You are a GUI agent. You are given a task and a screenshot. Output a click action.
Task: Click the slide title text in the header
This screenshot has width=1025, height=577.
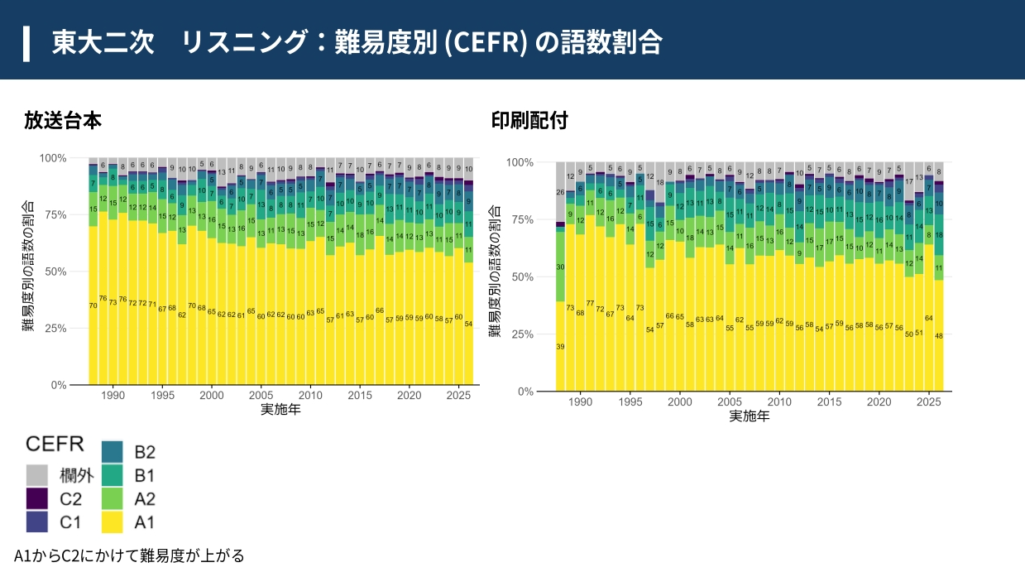(x=356, y=41)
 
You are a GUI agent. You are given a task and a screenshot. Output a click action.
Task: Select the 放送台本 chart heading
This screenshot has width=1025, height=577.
(x=63, y=120)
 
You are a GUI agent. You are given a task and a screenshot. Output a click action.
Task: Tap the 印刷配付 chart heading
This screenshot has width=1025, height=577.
(x=529, y=120)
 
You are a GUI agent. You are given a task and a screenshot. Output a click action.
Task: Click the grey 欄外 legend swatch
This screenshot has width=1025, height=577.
(x=36, y=475)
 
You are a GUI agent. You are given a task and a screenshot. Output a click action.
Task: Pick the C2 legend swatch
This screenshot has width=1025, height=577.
(x=36, y=498)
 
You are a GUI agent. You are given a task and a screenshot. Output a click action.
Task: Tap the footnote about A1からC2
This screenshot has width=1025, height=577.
(x=129, y=555)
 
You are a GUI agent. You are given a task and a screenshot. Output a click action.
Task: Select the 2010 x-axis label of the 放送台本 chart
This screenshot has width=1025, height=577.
(x=310, y=396)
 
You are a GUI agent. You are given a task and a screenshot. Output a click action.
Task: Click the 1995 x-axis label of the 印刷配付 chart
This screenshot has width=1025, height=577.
(x=630, y=401)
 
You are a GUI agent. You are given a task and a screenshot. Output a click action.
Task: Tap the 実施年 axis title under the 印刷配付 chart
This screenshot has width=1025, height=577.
(x=750, y=416)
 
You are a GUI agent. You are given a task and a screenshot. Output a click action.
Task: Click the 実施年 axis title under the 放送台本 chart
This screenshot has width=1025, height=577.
(x=280, y=410)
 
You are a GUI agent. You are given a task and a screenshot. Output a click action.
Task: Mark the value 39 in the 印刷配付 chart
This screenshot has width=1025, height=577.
(x=560, y=346)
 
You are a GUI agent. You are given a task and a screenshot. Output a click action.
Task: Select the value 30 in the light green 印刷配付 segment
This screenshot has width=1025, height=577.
(x=560, y=267)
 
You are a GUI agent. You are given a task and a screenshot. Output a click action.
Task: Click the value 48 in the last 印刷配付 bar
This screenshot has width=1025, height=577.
(x=939, y=335)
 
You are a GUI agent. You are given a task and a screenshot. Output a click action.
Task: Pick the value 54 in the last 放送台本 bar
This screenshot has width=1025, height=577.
(x=468, y=324)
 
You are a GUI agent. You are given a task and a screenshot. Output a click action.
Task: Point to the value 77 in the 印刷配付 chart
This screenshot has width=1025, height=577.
(x=590, y=303)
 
